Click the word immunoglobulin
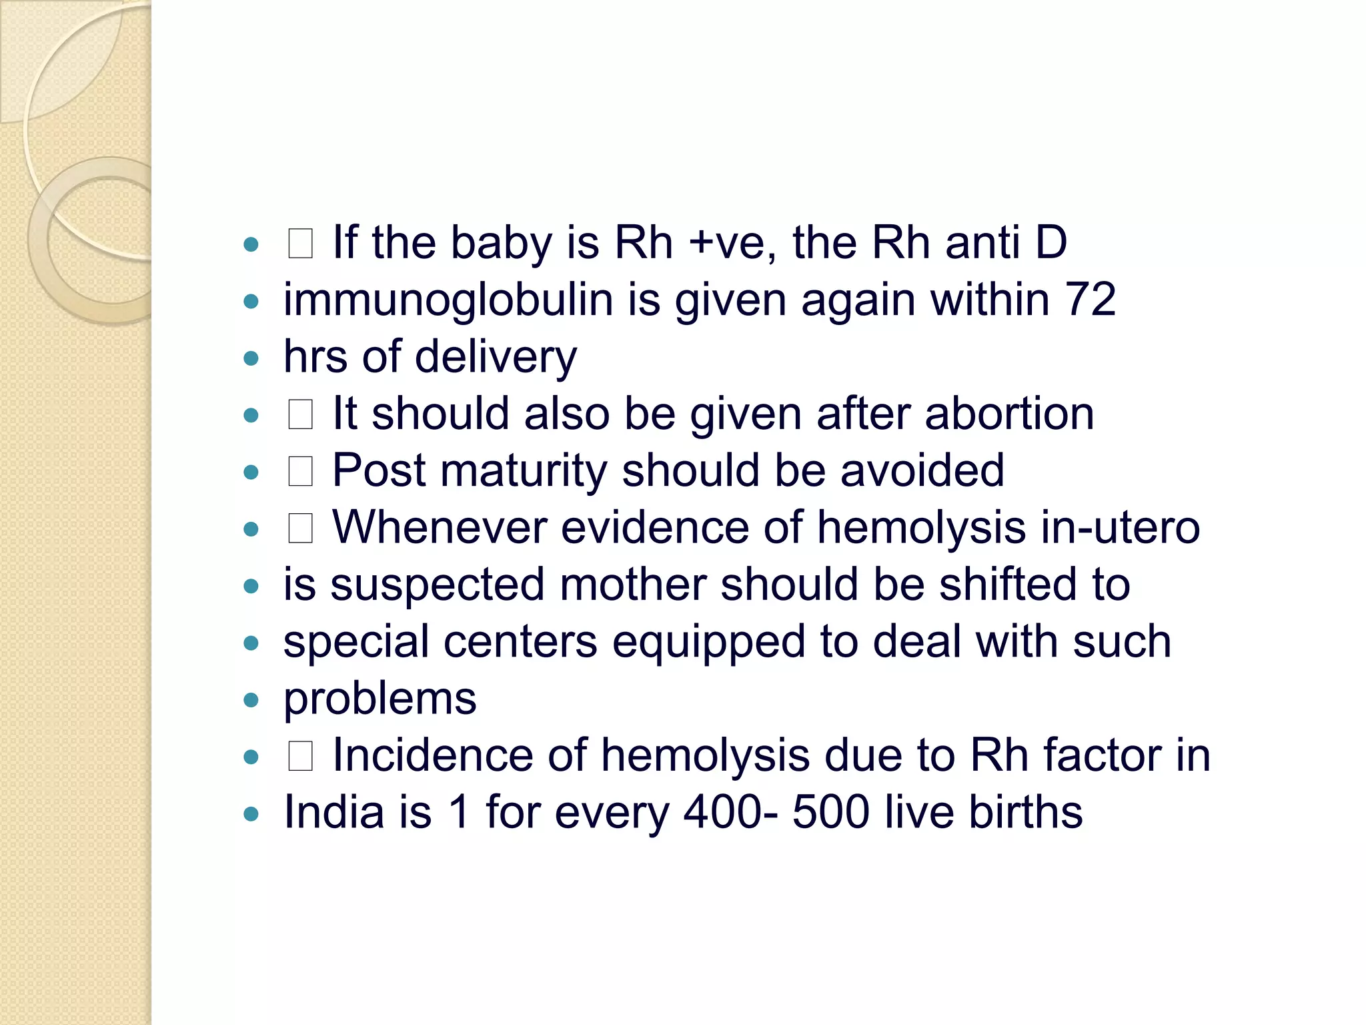click(x=448, y=300)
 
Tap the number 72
click(x=1091, y=299)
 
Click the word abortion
click(x=1009, y=414)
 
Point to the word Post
click(x=378, y=470)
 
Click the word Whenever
click(x=440, y=527)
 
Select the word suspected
click(x=438, y=585)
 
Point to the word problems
click(x=380, y=699)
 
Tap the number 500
click(x=830, y=812)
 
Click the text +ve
click(x=732, y=242)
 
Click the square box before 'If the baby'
click(x=300, y=244)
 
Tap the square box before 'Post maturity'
click(x=300, y=472)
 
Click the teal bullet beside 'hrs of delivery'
click(x=251, y=358)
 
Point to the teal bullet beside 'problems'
click(x=251, y=700)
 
